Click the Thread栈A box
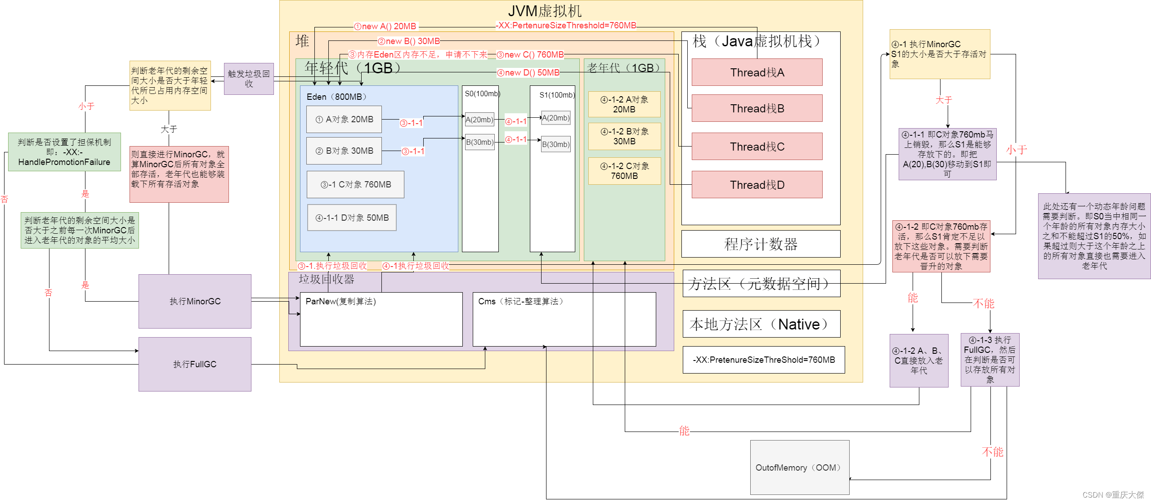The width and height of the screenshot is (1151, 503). [757, 72]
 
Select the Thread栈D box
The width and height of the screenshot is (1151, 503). [757, 185]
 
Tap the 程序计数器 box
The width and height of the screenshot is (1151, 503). [761, 244]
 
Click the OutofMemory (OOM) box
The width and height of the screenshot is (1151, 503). [799, 467]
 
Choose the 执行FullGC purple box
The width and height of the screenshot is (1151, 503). [195, 364]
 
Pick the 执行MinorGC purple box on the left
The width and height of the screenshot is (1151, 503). [195, 301]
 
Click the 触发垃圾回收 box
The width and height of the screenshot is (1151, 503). [249, 79]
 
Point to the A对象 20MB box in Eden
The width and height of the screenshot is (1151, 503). [344, 119]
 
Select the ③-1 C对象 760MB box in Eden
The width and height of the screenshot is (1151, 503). [355, 184]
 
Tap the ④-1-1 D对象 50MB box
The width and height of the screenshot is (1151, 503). [352, 218]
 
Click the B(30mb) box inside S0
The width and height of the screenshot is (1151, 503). [479, 142]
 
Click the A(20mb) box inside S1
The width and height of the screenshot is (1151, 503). [555, 118]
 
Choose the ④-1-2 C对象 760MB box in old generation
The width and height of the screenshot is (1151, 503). [624, 171]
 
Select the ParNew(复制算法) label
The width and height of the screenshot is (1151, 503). [340, 301]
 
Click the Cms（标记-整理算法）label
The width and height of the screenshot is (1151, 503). [520, 301]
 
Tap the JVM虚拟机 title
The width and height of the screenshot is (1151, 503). [544, 11]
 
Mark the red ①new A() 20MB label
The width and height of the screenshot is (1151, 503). [385, 26]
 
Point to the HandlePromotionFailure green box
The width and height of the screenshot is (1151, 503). [64, 152]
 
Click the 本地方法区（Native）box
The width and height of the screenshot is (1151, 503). [761, 324]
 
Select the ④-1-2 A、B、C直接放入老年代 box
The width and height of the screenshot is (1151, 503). [918, 360]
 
